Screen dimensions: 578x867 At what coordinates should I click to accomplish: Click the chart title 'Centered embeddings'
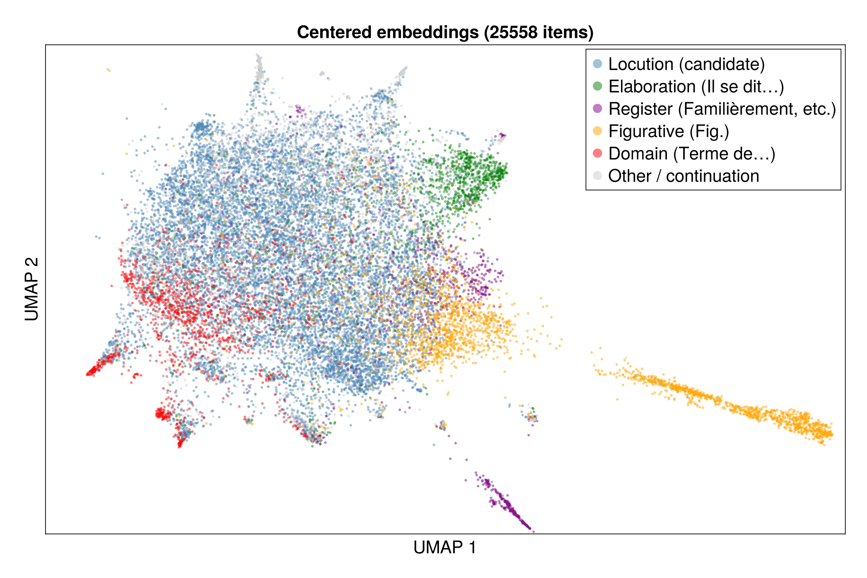387,33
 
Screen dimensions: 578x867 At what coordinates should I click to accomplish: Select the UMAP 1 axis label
445,548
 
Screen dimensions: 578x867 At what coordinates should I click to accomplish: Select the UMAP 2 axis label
32,289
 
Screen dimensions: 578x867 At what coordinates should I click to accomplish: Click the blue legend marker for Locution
598,64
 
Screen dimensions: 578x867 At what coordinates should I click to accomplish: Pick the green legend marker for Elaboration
598,86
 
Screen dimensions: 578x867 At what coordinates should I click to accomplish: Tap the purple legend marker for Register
598,109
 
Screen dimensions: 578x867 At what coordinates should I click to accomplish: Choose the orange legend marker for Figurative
598,131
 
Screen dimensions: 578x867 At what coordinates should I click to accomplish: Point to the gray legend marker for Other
598,176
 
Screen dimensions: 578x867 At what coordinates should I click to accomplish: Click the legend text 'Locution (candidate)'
686,64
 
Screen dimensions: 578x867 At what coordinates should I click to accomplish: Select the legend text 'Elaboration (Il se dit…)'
696,87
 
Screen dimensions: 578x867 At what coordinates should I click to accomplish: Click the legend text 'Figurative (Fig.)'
669,131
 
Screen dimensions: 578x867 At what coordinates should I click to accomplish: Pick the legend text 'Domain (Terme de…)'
691,154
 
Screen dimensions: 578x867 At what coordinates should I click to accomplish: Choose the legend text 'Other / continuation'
683,176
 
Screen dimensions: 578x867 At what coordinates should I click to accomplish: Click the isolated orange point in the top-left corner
108,70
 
